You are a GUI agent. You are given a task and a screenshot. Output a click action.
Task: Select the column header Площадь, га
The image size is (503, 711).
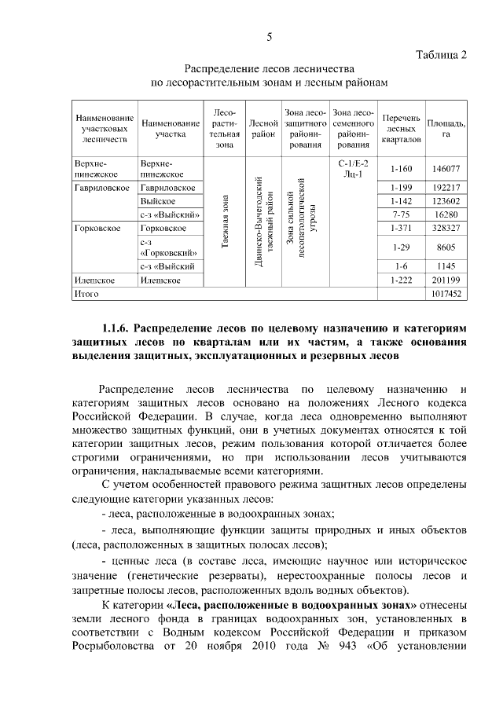point(446,129)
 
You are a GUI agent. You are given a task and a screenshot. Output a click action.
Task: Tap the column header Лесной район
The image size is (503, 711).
point(264,129)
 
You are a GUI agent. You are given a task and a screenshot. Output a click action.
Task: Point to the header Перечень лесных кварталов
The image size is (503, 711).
point(401,129)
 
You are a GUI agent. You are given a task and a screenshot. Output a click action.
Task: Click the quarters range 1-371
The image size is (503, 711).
point(401,228)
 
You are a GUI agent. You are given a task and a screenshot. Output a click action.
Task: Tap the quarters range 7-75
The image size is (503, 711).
point(401,214)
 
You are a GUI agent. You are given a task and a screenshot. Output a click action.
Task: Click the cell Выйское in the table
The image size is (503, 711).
point(157,201)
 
